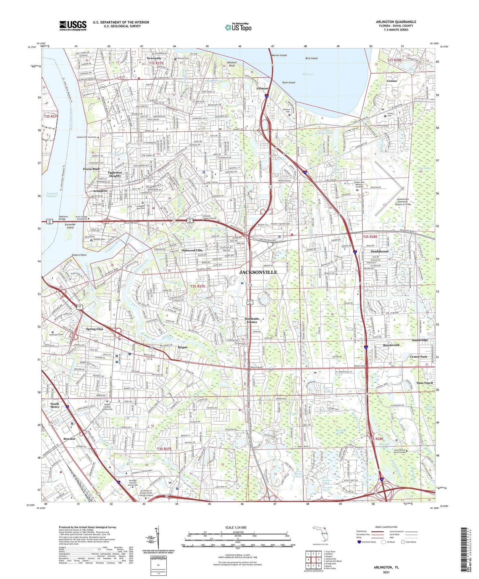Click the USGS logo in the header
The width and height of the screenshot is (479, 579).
[73, 26]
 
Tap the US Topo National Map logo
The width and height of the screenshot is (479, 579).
[238, 27]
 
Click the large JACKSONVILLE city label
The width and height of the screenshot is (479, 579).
[258, 272]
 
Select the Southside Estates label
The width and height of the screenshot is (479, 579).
[252, 320]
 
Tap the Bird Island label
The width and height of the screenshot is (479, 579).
[311, 58]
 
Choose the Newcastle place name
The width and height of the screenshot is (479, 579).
[154, 58]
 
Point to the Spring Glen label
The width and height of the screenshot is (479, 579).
[95, 329]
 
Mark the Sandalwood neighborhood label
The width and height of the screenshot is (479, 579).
[380, 251]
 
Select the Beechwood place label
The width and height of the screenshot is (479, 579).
[391, 345]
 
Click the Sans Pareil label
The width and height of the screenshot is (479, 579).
[425, 383]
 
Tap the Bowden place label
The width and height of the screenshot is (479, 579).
[69, 439]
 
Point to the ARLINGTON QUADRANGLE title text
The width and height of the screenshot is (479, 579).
[396, 22]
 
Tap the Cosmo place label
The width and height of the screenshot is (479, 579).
[392, 81]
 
